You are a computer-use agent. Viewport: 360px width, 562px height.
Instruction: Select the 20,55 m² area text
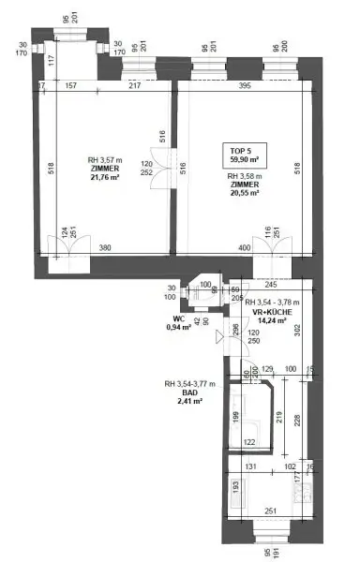click(246, 194)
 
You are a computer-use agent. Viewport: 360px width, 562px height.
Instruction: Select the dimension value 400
click(245, 248)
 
